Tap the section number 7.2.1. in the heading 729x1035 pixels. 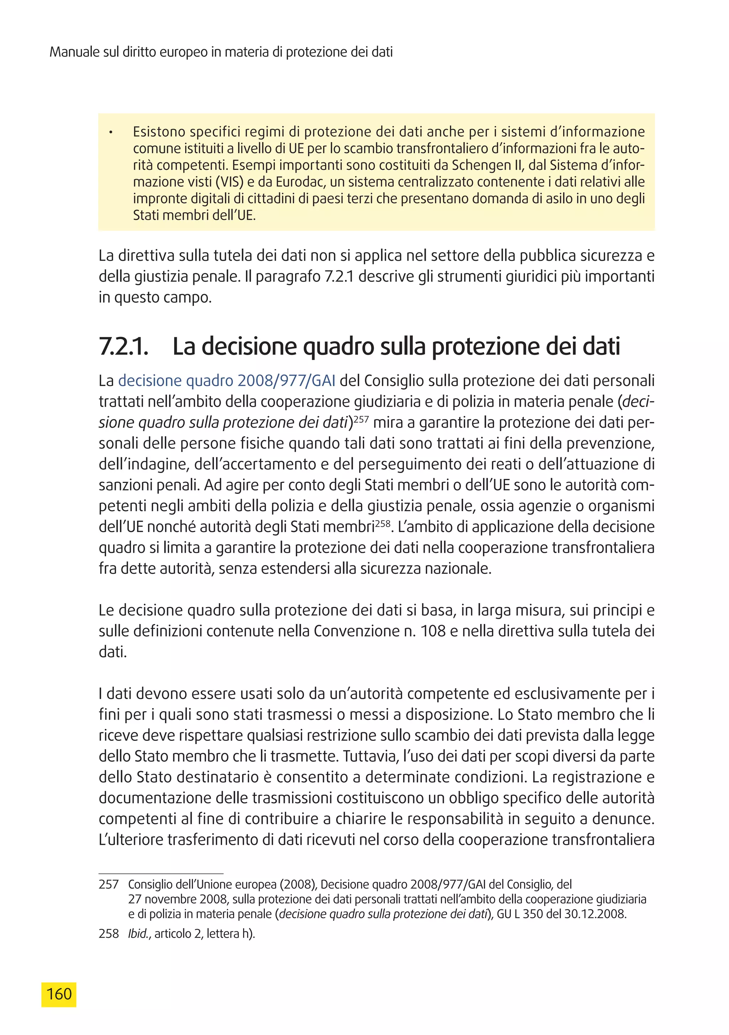(x=123, y=346)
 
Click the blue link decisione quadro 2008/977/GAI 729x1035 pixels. (x=227, y=381)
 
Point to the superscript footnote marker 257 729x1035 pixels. (x=361, y=419)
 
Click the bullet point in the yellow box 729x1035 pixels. (x=110, y=132)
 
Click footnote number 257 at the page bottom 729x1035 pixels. (x=109, y=884)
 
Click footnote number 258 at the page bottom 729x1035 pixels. (x=109, y=933)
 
